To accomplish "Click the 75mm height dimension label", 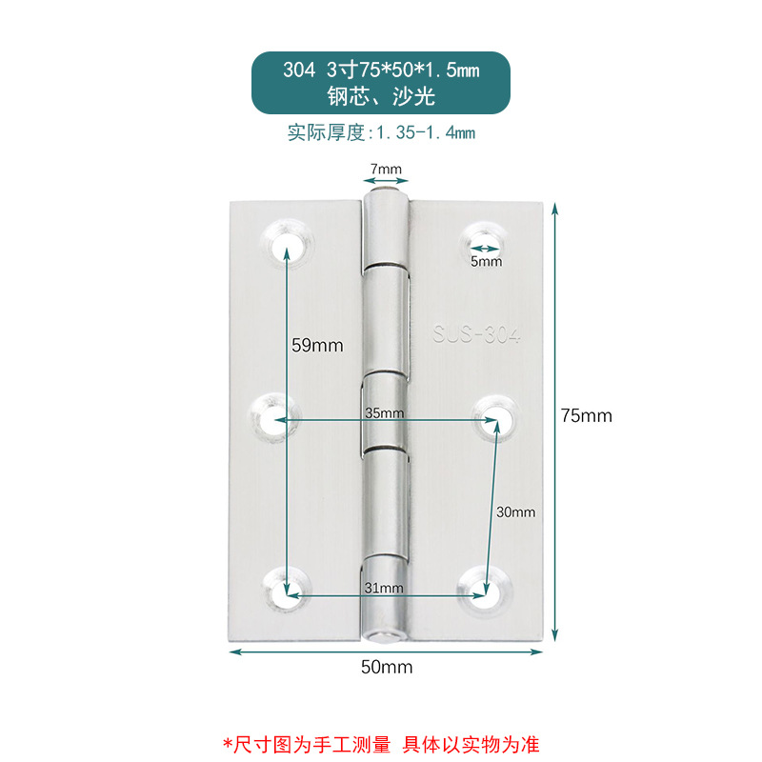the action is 586,415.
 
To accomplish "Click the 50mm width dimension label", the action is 387,667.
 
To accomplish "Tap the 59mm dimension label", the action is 317,345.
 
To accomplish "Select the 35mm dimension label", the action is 385,413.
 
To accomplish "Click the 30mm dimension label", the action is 516,511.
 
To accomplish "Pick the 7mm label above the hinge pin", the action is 387,170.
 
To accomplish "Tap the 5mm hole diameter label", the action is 486,261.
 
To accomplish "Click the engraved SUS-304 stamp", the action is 484,334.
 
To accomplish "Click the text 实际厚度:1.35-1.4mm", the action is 381,133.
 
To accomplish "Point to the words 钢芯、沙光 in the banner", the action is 381,97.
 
